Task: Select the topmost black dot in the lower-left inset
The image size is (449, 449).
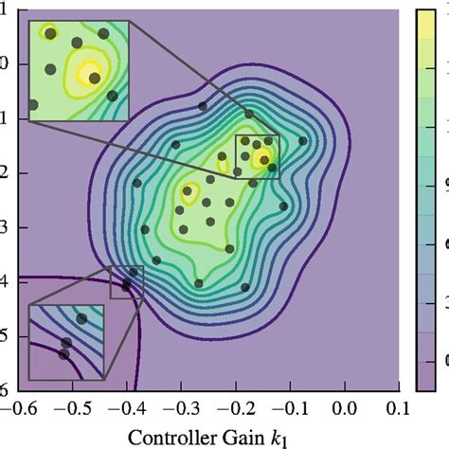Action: point(81,319)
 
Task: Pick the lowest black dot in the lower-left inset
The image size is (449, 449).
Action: point(63,354)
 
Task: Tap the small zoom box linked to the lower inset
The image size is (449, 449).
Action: point(126,282)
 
